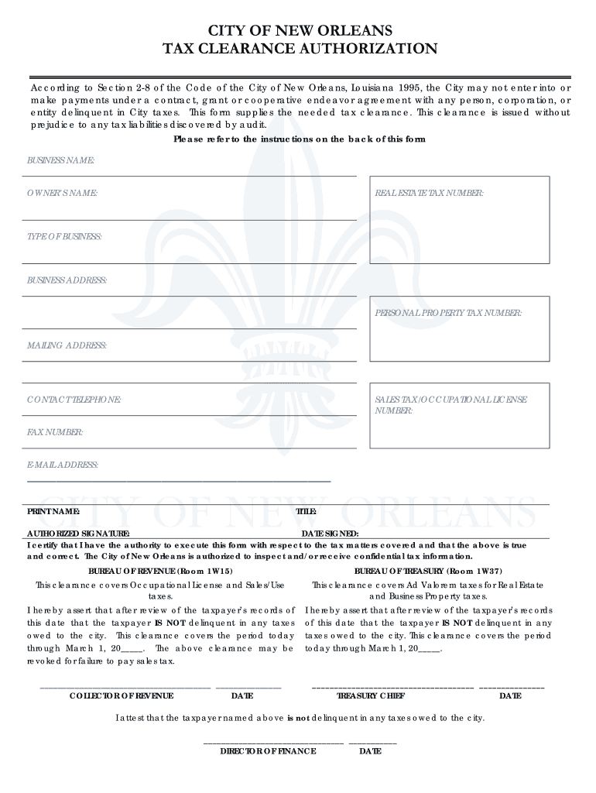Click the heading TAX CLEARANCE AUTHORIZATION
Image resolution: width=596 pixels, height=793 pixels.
[300, 50]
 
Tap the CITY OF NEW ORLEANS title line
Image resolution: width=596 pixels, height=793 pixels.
[300, 31]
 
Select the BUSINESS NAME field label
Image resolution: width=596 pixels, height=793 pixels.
[60, 160]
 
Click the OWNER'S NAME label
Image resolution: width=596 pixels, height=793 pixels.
[62, 192]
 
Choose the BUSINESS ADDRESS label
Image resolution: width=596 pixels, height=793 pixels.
[67, 280]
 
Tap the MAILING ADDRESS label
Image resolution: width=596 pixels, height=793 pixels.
[67, 345]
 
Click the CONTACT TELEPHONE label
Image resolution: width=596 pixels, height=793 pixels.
[74, 400]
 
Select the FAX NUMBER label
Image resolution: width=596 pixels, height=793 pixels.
[55, 432]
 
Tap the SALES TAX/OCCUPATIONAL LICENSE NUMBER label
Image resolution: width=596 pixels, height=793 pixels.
[450, 405]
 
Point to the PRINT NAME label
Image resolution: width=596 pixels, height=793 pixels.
[53, 512]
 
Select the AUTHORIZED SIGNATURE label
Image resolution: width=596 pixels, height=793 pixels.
[78, 534]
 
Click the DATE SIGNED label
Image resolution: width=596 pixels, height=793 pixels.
[330, 534]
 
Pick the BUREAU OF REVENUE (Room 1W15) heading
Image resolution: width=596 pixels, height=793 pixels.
[160, 570]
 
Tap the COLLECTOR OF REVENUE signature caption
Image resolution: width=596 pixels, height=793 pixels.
[122, 695]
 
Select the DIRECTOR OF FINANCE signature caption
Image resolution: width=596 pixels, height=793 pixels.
[268, 751]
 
